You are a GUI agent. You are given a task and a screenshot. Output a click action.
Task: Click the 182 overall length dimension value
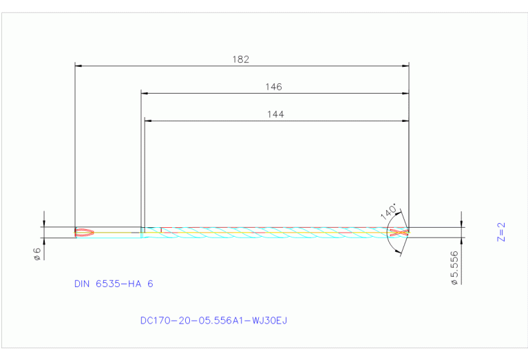point(240,59)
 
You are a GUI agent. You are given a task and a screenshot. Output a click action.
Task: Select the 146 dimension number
point(273,87)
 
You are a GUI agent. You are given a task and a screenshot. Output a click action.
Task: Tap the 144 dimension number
point(275,114)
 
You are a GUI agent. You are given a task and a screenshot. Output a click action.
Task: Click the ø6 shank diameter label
point(38,254)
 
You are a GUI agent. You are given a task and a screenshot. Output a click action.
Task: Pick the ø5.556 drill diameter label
point(454,268)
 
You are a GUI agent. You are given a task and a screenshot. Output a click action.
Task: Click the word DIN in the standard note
point(83,284)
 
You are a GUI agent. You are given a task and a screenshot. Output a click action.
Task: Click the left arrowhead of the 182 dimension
point(78,65)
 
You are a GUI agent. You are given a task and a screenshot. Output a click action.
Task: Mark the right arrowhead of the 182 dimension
point(405,65)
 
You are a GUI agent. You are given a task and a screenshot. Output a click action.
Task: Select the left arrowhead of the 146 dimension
point(145,93)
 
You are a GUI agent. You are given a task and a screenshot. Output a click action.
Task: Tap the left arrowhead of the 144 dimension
point(148,120)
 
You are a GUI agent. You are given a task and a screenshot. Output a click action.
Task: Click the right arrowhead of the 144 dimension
point(405,120)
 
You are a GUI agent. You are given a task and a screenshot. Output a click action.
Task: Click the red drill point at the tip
point(400,232)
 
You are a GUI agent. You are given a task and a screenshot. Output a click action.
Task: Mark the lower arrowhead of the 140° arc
point(399,253)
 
